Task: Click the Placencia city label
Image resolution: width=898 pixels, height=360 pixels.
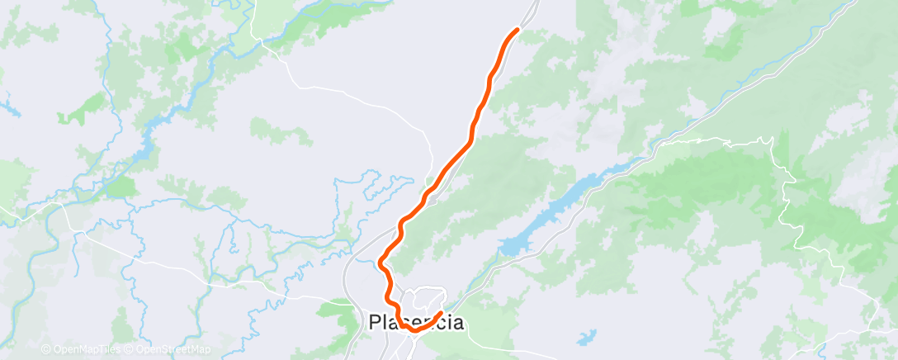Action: pyautogui.click(x=415, y=322)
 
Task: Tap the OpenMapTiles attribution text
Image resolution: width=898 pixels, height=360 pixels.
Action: pyautogui.click(x=81, y=349)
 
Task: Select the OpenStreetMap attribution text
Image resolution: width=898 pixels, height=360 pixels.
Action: pyautogui.click(x=169, y=349)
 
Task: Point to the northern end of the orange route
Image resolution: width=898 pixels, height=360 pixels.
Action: pyautogui.click(x=518, y=30)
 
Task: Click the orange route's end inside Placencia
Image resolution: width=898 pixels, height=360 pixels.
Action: pyautogui.click(x=442, y=313)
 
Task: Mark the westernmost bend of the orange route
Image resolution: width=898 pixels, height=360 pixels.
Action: pyautogui.click(x=380, y=263)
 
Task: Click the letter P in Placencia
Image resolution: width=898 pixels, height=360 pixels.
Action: pyautogui.click(x=373, y=322)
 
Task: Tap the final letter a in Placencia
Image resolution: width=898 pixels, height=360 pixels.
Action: pyautogui.click(x=456, y=322)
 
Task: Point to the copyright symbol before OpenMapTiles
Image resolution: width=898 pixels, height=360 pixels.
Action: pyautogui.click(x=45, y=349)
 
